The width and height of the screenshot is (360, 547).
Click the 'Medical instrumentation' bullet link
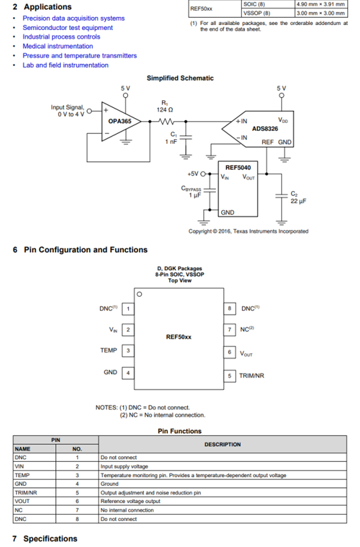[x=58, y=46]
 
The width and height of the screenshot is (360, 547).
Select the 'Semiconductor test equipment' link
[x=67, y=28]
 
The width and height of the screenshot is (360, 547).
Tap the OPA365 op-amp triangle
[x=121, y=121]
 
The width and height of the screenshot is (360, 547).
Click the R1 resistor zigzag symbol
[x=166, y=121]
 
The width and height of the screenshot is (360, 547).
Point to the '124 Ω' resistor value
[x=165, y=110]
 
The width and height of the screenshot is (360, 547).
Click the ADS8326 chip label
[x=265, y=129]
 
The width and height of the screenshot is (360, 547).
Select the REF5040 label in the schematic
[x=238, y=168]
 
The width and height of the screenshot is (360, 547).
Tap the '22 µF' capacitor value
[x=298, y=201]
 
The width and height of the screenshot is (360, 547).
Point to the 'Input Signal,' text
[x=67, y=107]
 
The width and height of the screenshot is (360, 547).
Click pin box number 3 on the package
[x=128, y=351]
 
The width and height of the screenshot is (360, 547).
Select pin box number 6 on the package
[x=230, y=352]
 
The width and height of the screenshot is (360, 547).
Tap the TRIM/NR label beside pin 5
[x=252, y=376]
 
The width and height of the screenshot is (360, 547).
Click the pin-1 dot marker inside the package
[x=139, y=294]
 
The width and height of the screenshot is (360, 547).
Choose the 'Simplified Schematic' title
[x=180, y=78]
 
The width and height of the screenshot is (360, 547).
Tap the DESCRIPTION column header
[x=222, y=444]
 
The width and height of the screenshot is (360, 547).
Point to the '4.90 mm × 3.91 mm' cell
[x=321, y=5]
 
